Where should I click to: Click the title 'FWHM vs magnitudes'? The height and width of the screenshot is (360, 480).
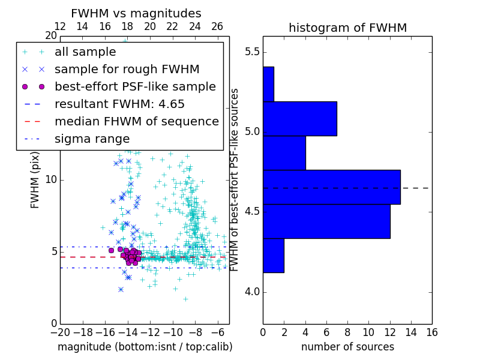(x=136, y=13)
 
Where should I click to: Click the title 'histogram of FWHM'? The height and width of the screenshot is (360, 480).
(x=347, y=28)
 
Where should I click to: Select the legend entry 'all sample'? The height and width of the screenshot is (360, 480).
(x=82, y=52)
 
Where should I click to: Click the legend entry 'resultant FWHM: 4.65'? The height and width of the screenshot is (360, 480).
(x=119, y=104)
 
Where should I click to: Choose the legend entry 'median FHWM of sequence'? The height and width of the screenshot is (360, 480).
(x=136, y=121)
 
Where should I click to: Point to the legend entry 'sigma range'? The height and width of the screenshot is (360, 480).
(x=92, y=139)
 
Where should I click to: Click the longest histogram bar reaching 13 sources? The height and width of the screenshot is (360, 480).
(x=332, y=187)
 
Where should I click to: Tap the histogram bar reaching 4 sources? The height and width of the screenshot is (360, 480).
(x=284, y=153)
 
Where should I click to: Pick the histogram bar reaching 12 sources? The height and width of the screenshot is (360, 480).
(x=326, y=221)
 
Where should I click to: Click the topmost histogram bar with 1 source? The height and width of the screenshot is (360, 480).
(x=268, y=84)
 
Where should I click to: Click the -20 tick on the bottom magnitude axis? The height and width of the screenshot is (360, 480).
(x=60, y=332)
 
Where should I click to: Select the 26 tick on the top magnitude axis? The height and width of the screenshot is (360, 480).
(x=217, y=26)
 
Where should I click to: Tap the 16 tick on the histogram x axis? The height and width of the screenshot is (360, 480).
(x=431, y=332)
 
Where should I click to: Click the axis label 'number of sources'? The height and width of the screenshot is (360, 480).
(x=347, y=347)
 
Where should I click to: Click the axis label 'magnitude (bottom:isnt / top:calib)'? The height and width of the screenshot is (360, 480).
(x=145, y=347)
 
